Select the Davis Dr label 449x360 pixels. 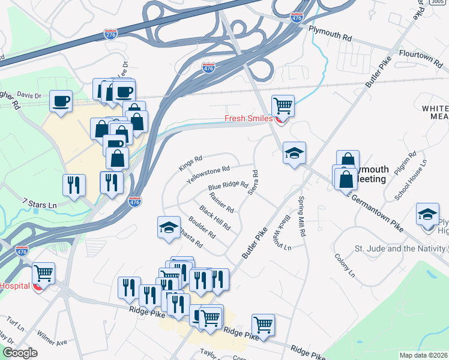pos(29,95)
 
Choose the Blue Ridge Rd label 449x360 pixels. pos(228,186)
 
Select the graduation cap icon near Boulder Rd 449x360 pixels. pos(169,227)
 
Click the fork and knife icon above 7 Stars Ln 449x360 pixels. pos(74,185)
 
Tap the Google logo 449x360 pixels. pos(20,353)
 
